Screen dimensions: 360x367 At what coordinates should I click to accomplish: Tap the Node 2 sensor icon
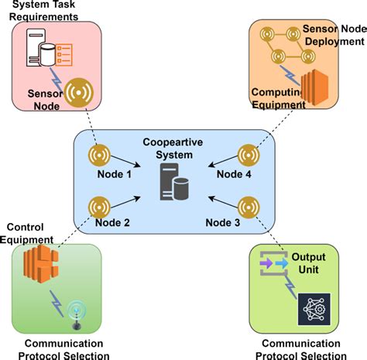98,207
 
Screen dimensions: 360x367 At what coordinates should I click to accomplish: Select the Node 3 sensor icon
248,207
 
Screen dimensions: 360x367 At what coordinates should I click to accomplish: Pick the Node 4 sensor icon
248,155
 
